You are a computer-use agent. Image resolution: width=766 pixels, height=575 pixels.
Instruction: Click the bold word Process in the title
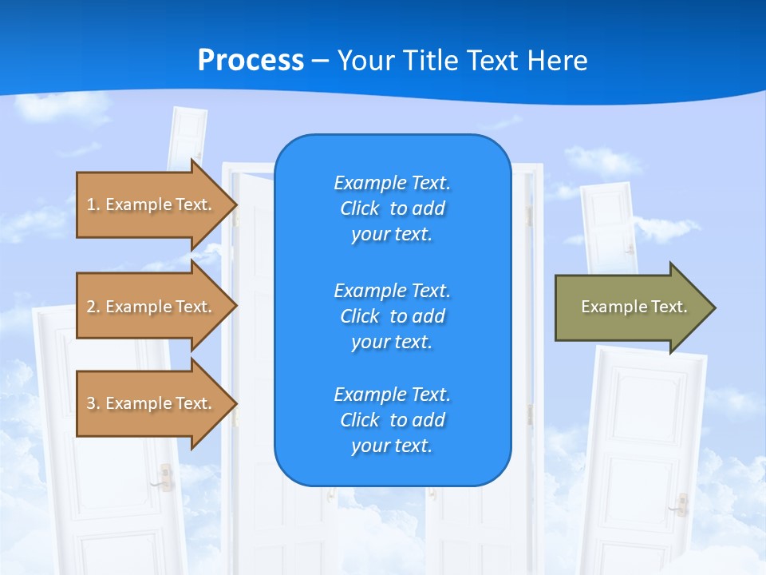point(251,61)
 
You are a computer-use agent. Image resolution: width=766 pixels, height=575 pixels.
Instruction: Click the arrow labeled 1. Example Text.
point(152,204)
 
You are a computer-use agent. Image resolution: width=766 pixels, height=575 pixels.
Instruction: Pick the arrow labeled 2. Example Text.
point(152,307)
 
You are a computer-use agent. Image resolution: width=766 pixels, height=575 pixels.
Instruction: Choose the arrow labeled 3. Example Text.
point(152,403)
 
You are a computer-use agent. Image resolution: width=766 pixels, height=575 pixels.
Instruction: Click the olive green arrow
point(630,307)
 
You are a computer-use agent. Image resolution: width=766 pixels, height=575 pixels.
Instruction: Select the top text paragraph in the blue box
point(392,208)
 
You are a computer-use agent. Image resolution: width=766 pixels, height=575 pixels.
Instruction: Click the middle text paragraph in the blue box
point(392,315)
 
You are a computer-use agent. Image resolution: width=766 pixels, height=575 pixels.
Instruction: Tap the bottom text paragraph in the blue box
point(392,420)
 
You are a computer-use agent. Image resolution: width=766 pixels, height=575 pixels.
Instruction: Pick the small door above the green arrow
point(608,228)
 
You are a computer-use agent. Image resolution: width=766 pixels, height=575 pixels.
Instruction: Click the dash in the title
point(320,61)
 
